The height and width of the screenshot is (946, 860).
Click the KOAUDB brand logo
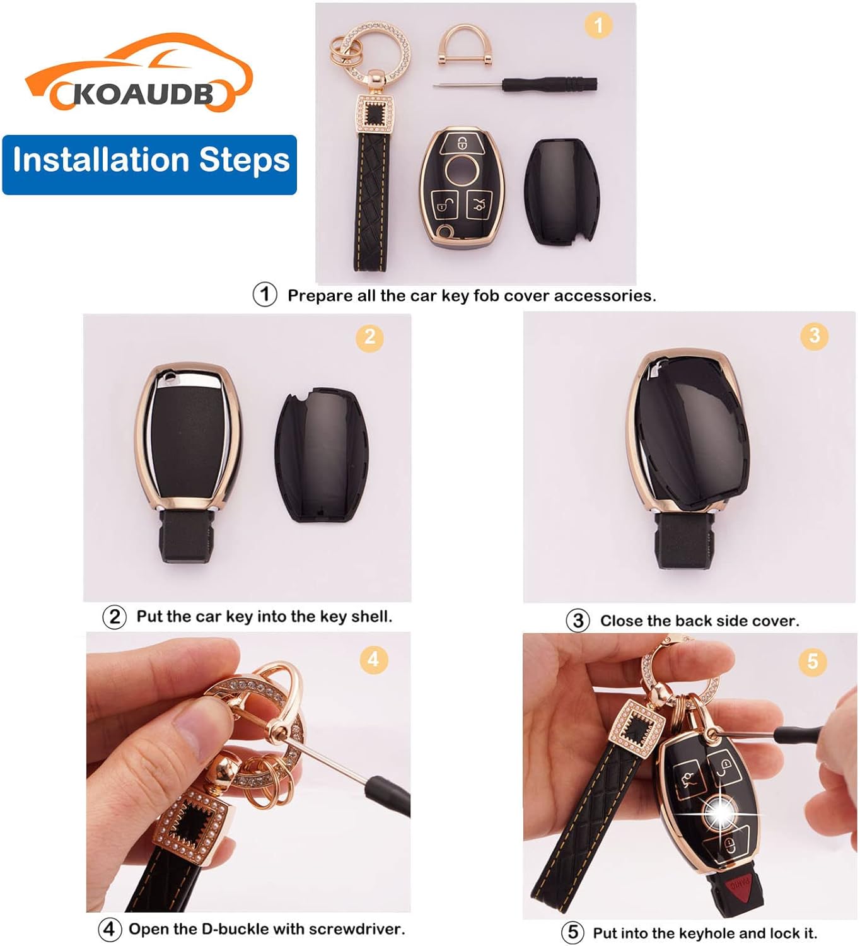(139, 73)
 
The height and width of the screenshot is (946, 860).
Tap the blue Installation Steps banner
(149, 165)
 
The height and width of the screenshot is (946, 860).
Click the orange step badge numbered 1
(598, 25)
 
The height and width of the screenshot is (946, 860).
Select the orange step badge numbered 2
(369, 337)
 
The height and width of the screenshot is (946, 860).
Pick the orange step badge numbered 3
(814, 336)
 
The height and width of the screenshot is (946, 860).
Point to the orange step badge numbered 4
(373, 659)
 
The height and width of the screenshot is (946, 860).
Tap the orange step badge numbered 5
(812, 661)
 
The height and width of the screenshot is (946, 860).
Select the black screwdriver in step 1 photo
(515, 85)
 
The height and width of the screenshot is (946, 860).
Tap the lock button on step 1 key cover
(463, 143)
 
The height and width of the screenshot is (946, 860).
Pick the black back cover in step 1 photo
(562, 191)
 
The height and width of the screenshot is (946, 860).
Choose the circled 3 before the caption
(578, 620)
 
